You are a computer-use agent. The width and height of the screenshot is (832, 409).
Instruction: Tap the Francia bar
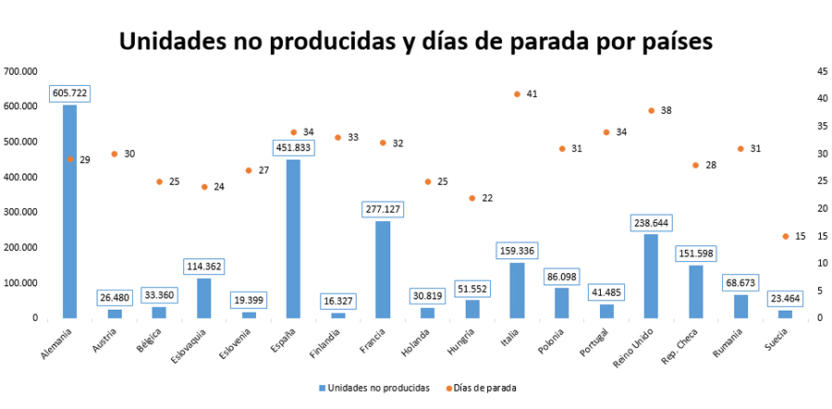(383, 269)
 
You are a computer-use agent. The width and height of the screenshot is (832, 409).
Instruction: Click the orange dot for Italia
(517, 94)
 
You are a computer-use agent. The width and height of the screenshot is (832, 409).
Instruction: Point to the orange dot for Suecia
(786, 236)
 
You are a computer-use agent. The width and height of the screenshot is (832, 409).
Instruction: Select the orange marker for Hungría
(472, 198)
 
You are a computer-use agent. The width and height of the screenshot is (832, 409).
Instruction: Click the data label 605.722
(70, 93)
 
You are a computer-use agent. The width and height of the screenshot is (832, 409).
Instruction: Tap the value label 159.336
(517, 251)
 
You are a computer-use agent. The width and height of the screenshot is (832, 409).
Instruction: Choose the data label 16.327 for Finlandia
(338, 302)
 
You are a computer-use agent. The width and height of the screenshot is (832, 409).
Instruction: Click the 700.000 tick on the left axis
(20, 71)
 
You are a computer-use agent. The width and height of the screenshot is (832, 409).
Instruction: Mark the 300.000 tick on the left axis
(20, 212)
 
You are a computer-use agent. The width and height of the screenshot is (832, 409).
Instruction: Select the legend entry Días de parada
(483, 388)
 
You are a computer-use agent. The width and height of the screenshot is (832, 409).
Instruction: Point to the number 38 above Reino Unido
(666, 110)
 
